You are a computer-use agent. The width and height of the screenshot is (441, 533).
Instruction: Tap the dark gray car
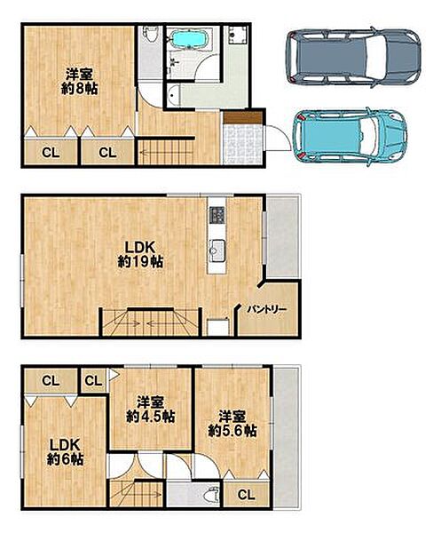[353, 58]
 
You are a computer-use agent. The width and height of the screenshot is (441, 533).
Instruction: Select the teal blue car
[350, 137]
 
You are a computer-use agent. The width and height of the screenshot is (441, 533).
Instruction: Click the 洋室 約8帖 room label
[80, 82]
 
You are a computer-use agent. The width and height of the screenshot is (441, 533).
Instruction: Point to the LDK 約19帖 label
[140, 254]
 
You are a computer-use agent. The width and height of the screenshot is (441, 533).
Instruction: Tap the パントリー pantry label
[267, 310]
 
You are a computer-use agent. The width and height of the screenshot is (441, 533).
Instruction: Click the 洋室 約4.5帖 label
[151, 410]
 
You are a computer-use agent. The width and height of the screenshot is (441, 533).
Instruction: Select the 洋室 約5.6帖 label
[232, 424]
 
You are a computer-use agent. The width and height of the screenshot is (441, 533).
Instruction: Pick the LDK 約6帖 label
[65, 452]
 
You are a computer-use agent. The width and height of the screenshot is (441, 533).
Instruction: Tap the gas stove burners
[217, 215]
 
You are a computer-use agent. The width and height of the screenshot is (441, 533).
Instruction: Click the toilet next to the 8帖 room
[150, 35]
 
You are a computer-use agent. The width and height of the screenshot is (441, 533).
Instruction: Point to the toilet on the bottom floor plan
[211, 495]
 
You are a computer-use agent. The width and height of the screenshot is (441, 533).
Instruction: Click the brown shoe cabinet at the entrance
[243, 117]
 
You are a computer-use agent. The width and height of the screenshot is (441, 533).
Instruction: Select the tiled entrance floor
[243, 144]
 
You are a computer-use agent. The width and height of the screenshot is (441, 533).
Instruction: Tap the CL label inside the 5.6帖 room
[246, 495]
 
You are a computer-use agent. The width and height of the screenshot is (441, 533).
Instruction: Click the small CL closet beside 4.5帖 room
[94, 381]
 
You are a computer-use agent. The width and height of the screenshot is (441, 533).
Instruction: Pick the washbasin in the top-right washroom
[238, 35]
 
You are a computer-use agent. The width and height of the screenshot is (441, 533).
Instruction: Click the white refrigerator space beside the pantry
[218, 327]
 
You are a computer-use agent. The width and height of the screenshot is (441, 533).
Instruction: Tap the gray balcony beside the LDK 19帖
[282, 237]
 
